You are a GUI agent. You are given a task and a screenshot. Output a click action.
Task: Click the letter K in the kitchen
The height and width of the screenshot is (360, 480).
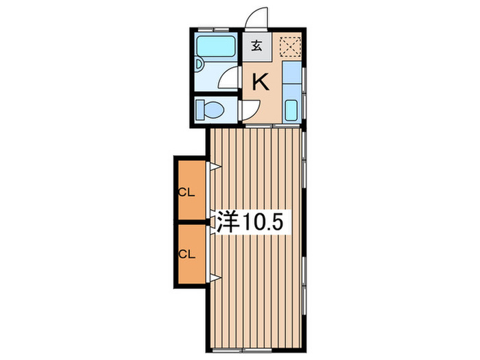tap(261, 82)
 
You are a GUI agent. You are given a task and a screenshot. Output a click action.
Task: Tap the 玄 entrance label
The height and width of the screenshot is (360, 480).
tap(256, 47)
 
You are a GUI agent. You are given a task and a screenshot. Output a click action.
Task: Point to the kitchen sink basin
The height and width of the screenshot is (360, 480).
tap(291, 109)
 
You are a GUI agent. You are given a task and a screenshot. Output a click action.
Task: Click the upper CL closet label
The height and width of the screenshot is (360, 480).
tap(187, 192)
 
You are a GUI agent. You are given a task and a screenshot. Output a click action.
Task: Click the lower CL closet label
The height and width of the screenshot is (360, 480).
tap(187, 253)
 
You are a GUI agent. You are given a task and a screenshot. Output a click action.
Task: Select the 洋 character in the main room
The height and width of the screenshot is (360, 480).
tap(228, 222)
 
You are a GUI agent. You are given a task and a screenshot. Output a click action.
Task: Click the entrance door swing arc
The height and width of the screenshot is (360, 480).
tap(257, 19)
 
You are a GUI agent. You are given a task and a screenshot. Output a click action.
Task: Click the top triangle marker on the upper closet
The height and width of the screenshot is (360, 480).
tap(215, 167)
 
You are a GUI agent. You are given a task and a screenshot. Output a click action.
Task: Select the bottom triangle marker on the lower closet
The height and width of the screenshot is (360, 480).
tap(215, 277)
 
